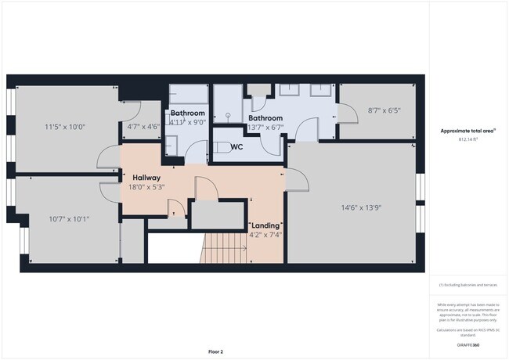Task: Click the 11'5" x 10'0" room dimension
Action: (66, 126)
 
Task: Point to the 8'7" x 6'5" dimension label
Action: (384, 110)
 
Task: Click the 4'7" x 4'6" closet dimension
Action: (143, 126)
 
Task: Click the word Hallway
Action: (146, 177)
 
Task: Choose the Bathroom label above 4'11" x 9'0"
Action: (189, 113)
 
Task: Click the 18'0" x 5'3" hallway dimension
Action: (147, 187)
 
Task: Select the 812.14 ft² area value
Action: (467, 139)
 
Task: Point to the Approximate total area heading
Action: (467, 130)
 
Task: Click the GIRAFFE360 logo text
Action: (468, 344)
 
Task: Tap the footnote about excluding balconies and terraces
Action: (467, 285)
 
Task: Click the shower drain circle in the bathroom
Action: (229, 114)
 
